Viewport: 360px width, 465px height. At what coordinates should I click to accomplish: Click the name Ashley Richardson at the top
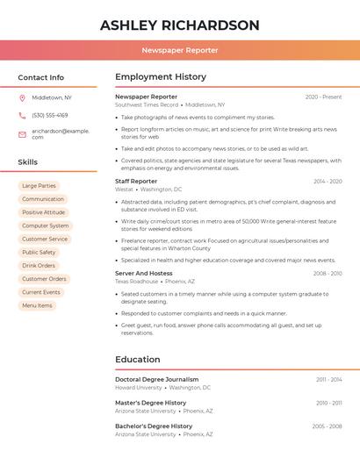coord(180,25)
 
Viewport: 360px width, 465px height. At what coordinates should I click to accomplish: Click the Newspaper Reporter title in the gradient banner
coord(180,50)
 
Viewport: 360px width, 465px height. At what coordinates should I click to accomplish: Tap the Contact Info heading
coord(40,77)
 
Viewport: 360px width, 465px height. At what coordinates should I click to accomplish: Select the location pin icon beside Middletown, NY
coord(22,97)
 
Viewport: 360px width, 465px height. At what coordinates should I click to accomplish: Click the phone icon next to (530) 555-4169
coord(22,115)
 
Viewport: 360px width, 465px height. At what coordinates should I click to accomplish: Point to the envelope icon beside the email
coord(22,134)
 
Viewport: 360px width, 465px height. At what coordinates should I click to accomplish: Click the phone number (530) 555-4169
coord(50,115)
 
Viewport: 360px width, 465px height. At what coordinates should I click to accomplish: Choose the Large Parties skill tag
coord(39,186)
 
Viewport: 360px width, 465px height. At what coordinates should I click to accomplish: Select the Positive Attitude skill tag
coord(44,212)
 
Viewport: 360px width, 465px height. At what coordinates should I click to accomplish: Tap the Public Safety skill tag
coord(39,253)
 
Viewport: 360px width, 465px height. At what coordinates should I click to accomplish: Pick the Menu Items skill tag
coord(37,305)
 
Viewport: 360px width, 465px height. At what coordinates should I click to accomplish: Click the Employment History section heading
coord(161,77)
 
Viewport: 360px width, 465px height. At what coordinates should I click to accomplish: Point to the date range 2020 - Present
coord(323,97)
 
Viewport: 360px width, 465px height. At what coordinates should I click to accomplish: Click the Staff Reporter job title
coord(136,181)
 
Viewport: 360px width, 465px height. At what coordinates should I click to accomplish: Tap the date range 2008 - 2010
coord(328,274)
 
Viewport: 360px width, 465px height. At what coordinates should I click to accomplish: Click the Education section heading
coord(138,360)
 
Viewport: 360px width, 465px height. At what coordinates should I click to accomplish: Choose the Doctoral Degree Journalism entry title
coord(156,380)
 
